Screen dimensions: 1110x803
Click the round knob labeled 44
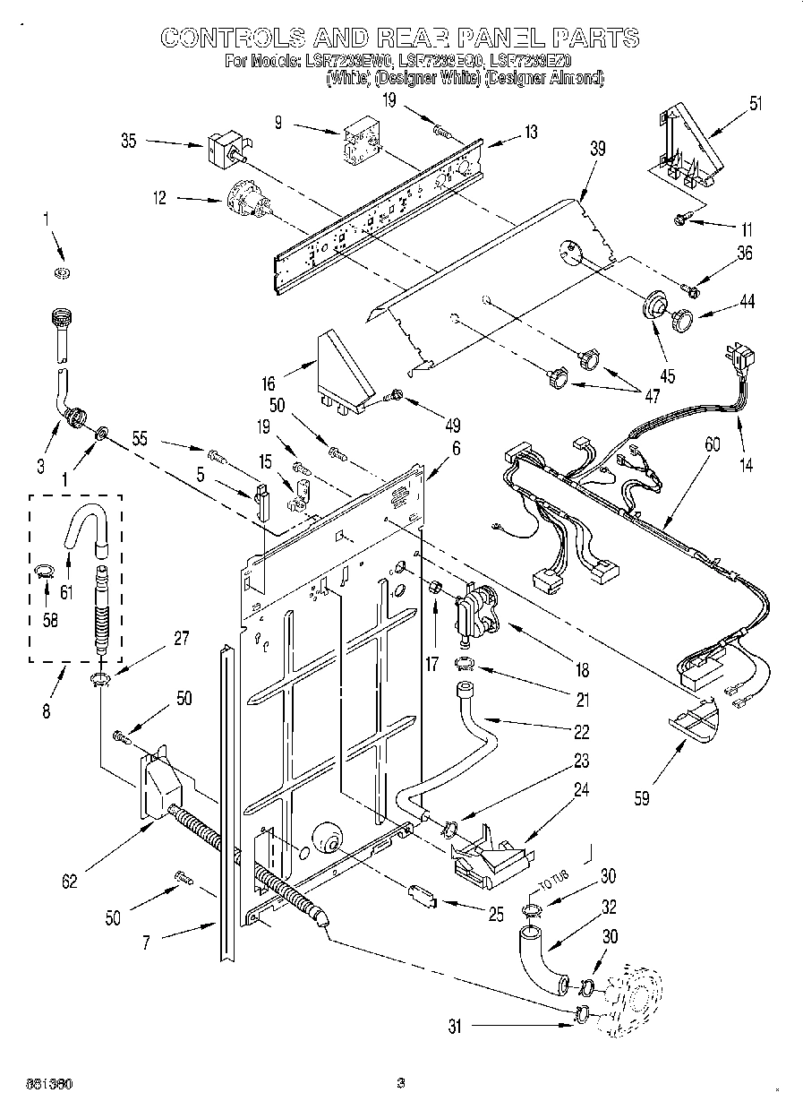click(x=685, y=317)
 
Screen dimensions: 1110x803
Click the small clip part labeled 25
click(x=421, y=895)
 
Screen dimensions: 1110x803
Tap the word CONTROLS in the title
click(x=230, y=38)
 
